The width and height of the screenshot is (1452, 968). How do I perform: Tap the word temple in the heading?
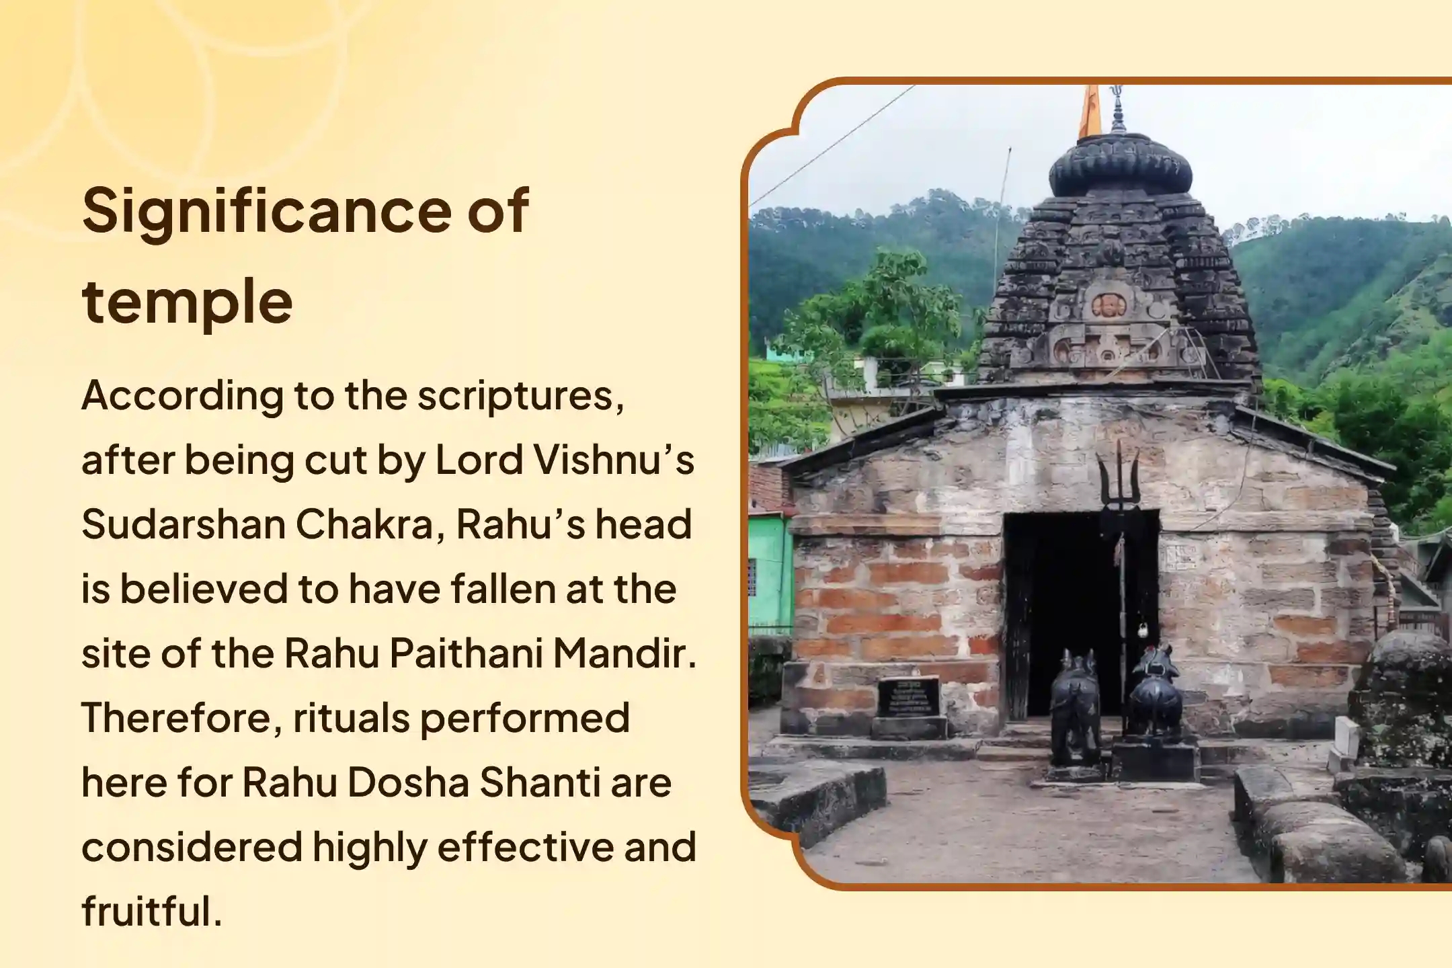[187, 301]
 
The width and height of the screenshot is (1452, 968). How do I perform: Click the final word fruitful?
[151, 912]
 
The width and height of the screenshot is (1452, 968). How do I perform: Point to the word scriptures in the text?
[519, 397]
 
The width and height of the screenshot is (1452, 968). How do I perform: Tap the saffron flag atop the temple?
[1090, 111]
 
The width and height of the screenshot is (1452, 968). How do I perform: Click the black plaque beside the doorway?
[908, 696]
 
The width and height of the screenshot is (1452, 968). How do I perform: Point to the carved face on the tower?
[1108, 306]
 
